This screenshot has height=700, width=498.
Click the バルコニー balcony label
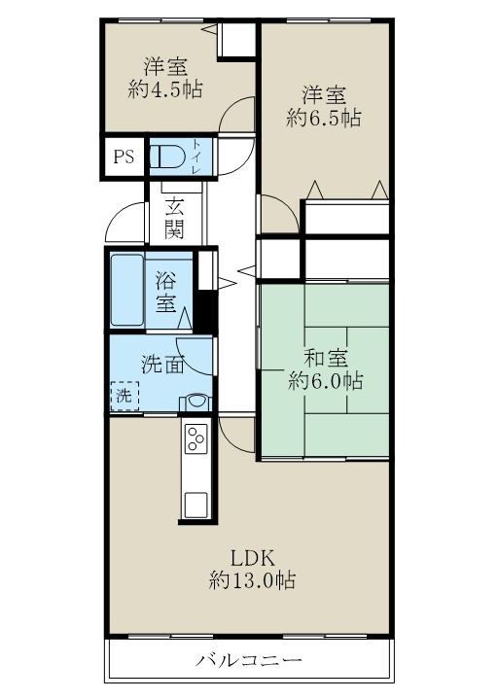coord(249,660)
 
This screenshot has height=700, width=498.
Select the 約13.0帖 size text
coord(253,581)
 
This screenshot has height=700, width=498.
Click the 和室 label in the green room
coord(325,358)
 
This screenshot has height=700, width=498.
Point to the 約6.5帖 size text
coord(325,119)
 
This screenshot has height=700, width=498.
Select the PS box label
coord(124,157)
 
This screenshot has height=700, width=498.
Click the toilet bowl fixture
coord(169,157)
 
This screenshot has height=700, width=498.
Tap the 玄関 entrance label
coord(175,219)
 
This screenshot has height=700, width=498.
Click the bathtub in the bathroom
coord(126,291)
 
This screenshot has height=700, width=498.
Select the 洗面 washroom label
coord(162,366)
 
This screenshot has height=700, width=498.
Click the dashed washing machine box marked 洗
coord(124,397)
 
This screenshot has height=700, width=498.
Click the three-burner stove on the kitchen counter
coord(196,440)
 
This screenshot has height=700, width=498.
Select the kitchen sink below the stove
coord(196,504)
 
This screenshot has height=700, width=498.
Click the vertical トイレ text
coord(196,157)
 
